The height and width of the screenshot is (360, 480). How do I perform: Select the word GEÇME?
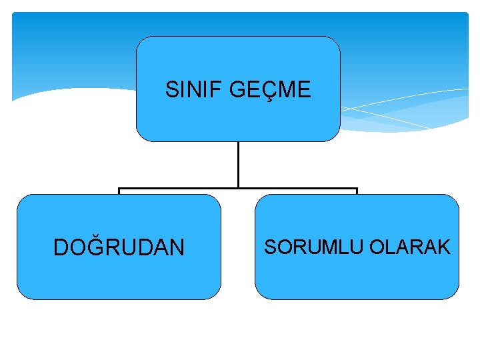tap(270, 89)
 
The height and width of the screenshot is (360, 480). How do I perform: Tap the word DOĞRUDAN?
tap(119, 248)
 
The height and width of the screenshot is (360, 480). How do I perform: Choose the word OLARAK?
tap(410, 247)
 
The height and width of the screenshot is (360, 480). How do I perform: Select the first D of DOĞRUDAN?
tap(61, 248)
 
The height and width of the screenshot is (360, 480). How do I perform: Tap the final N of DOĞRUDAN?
tap(177, 248)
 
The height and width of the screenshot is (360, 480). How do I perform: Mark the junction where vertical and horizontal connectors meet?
tap(238, 189)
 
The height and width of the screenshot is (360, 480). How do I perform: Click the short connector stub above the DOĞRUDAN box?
tap(119, 191)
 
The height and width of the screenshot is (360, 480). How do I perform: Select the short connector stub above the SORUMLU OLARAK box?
tap(357, 191)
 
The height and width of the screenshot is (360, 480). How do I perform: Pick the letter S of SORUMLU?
tap(270, 247)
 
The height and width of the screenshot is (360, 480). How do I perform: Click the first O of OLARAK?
tap(377, 247)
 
